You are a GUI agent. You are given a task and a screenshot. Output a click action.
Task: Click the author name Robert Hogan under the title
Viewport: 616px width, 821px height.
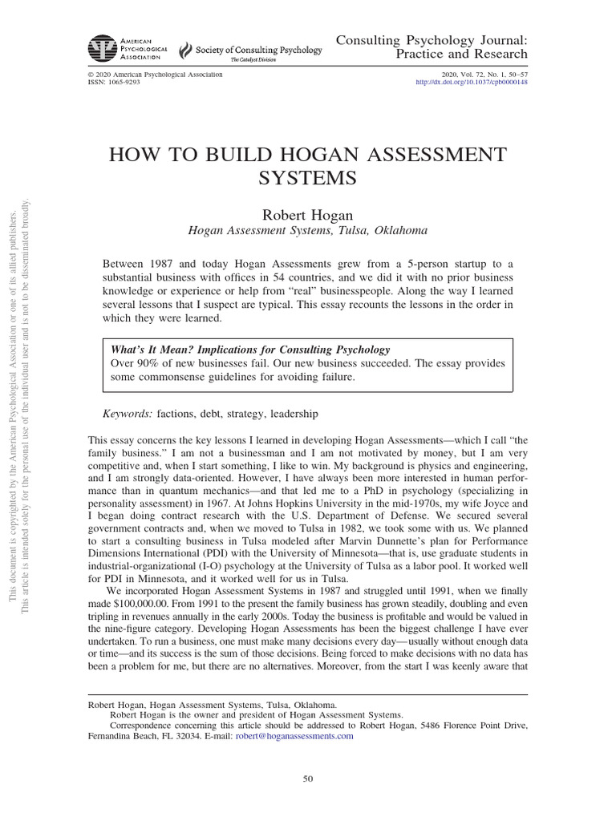[308, 213]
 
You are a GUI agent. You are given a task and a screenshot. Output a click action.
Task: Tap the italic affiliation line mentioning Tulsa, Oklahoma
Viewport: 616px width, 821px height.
[308, 229]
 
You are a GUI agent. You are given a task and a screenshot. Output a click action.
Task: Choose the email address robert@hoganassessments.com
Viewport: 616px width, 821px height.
[293, 737]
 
